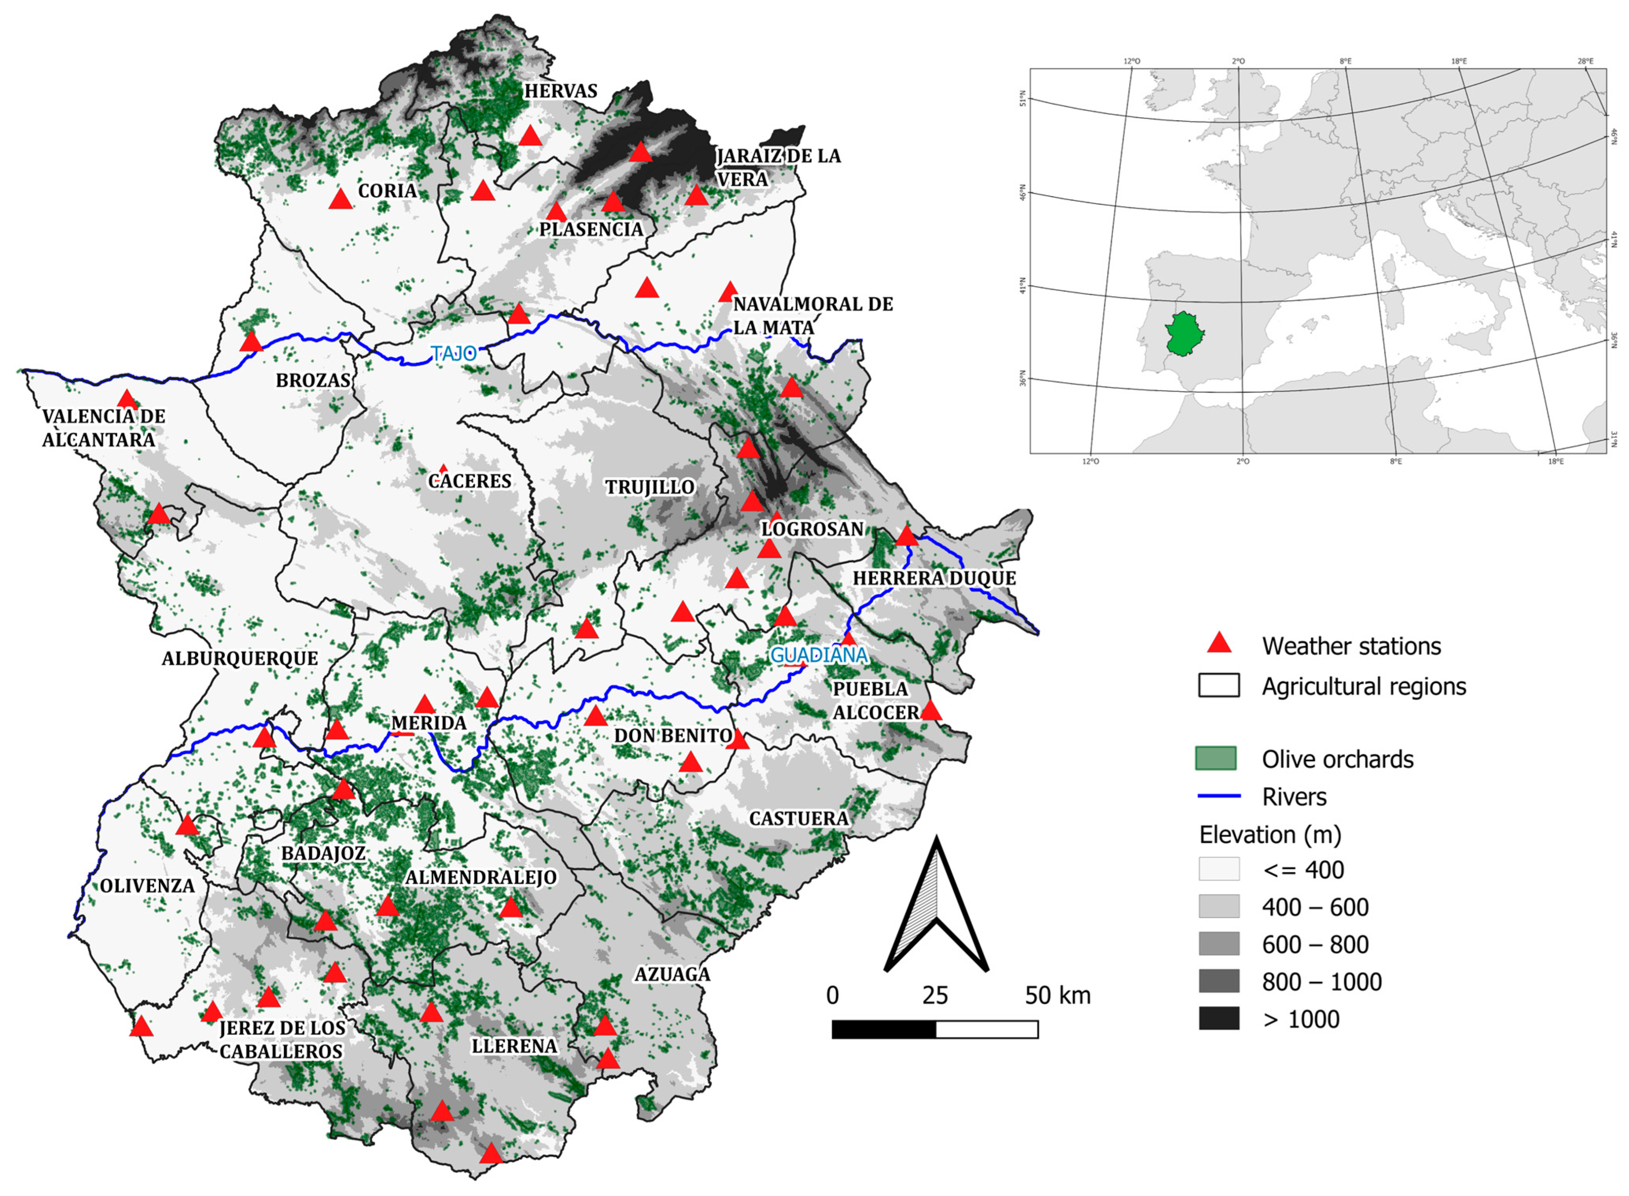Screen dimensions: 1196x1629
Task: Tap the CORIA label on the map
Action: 388,191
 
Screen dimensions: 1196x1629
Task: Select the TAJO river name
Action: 454,353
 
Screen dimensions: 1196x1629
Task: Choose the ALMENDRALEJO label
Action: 481,878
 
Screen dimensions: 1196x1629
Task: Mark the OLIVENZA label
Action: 147,886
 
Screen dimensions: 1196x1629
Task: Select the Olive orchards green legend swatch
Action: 1216,759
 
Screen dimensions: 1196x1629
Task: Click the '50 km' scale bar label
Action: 1058,996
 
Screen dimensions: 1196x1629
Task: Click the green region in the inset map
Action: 1183,335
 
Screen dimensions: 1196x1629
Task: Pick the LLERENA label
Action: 514,1046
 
